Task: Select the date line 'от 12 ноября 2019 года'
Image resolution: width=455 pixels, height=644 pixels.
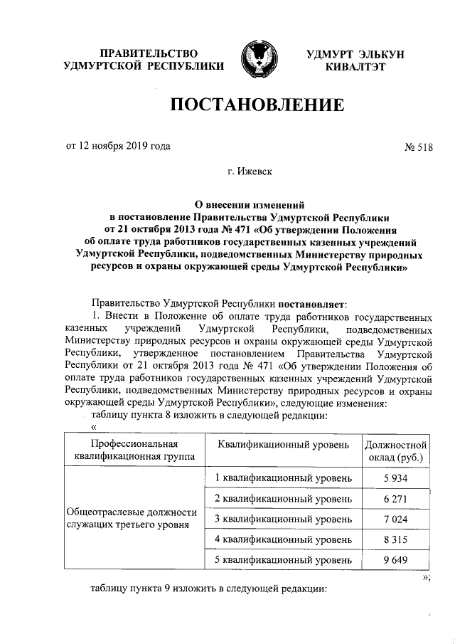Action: coord(118,147)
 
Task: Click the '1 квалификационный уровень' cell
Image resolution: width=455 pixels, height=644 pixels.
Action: coord(282,478)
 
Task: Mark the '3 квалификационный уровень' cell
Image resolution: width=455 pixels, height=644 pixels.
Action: coord(282,519)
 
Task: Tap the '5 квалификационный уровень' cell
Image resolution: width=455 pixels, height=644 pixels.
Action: coord(282,560)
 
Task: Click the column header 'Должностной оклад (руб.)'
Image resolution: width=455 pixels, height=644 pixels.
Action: coord(396,450)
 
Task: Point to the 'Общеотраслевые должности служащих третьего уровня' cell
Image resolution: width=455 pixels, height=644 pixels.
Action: coord(130,519)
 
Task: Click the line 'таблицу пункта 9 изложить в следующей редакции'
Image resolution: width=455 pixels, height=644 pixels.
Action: coord(209,590)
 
